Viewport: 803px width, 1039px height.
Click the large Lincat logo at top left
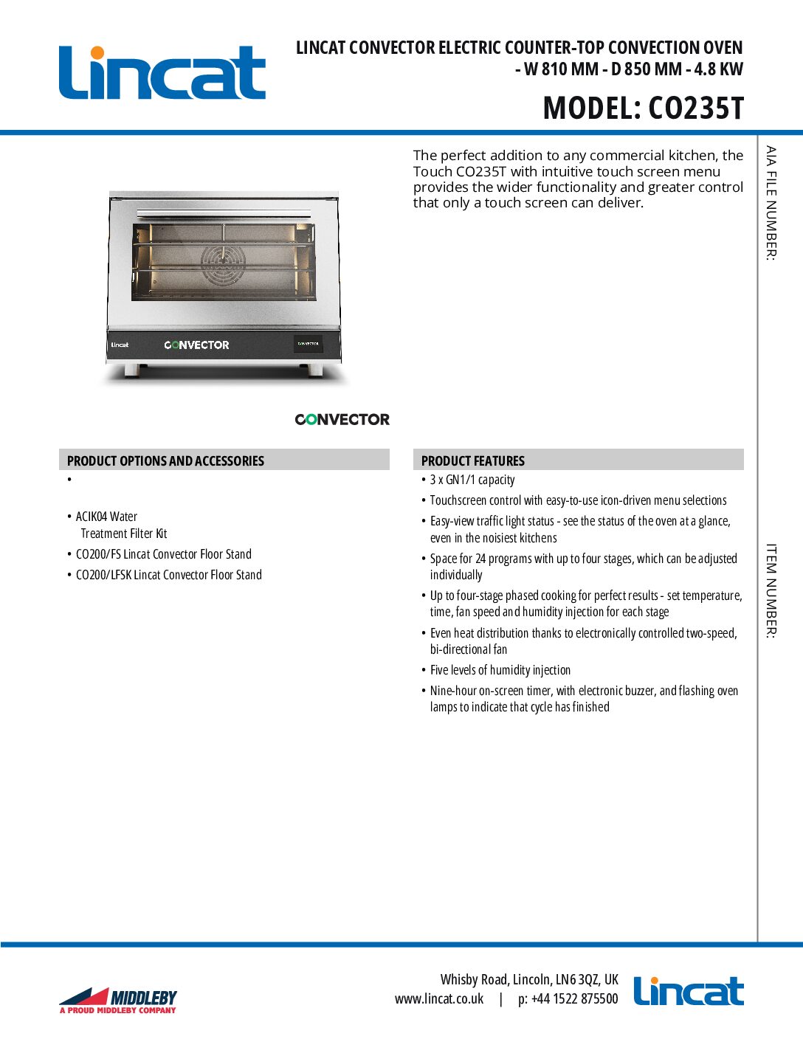point(162,73)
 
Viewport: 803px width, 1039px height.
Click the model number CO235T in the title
point(696,108)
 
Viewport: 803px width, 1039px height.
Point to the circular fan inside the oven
point(223,264)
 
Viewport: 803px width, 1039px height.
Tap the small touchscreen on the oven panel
point(308,344)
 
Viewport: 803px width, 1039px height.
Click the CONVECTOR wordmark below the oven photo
point(342,419)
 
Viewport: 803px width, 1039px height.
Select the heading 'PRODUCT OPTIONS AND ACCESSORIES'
point(165,460)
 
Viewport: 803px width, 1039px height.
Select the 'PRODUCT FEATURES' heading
point(472,460)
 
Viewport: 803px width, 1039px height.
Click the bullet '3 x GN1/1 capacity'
point(472,480)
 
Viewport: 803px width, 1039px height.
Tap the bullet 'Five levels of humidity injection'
point(500,670)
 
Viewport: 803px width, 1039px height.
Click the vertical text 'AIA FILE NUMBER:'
point(771,203)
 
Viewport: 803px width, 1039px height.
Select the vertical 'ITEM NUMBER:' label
point(771,591)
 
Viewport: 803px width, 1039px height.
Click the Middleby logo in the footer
point(118,1000)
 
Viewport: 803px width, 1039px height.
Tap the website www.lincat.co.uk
point(439,999)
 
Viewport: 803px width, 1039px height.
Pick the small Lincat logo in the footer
point(688,992)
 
